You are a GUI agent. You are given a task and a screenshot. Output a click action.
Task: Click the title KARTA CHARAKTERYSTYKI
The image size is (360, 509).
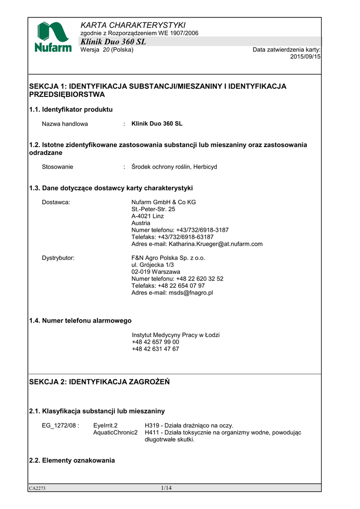133,25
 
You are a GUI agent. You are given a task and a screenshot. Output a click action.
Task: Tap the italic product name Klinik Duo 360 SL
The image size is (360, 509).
113,42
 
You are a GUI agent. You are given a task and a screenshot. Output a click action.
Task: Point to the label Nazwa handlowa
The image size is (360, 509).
65,124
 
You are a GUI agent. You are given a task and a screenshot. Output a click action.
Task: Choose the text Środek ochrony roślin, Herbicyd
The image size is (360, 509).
174,167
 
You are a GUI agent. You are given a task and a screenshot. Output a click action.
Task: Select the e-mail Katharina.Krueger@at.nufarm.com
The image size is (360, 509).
216,244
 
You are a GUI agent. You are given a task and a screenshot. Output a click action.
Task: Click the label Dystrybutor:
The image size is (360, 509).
58,258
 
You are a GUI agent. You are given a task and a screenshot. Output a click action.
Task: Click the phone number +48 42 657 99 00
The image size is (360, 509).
156,342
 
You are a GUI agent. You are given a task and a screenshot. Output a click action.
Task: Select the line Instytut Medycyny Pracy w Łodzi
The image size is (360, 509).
176,335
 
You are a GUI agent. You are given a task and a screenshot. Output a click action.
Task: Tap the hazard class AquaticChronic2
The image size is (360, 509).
115,432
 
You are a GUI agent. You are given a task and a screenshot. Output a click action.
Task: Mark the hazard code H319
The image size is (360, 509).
152,425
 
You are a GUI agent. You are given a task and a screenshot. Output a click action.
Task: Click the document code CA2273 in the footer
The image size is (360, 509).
37,489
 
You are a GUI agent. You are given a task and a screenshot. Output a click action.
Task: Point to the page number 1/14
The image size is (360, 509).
166,488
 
